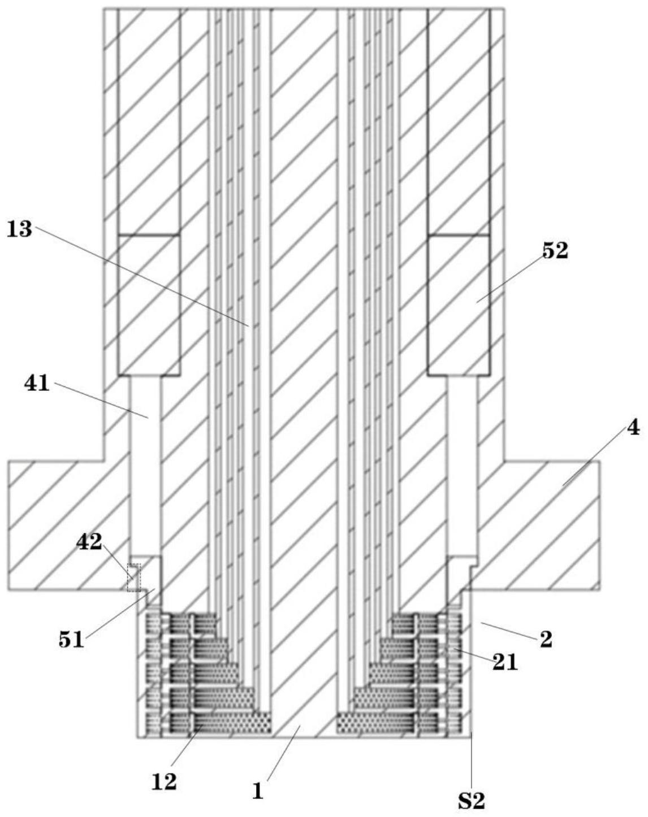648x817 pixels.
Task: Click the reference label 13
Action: tap(19, 230)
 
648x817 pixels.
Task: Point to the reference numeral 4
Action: tap(633, 428)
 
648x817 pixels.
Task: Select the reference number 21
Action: tap(505, 662)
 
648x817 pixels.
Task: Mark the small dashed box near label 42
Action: tap(133, 577)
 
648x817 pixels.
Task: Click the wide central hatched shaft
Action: tap(304, 339)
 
